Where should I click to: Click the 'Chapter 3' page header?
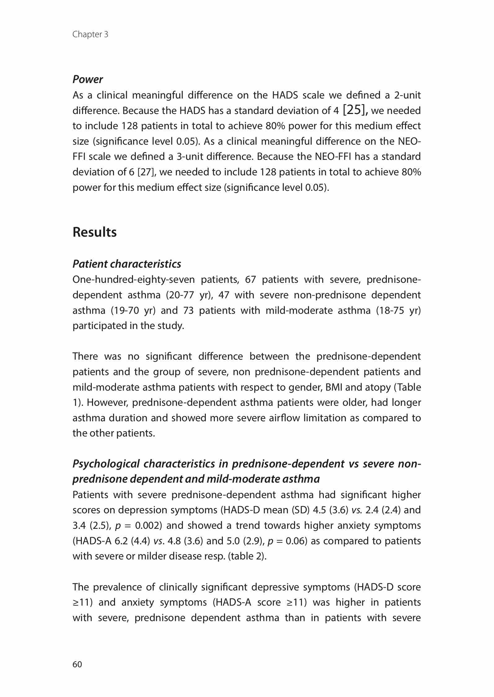pos(90,34)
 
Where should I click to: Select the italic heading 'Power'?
pos(88,80)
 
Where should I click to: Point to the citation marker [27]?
pos(146,172)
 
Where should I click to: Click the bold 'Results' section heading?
pos(95,232)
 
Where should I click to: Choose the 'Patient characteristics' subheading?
pos(127,264)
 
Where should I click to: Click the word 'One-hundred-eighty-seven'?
pos(134,280)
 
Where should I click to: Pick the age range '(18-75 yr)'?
pos(399,310)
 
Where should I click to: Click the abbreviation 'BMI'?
pos(334,387)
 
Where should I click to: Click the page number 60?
pos(77,664)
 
